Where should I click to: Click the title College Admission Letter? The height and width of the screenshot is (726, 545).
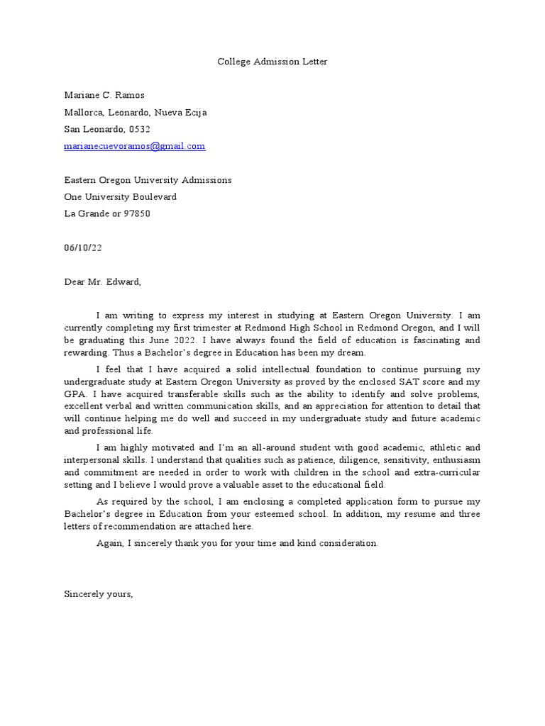272,62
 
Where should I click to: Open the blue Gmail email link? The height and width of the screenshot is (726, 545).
135,146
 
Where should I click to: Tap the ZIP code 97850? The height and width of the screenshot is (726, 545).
137,213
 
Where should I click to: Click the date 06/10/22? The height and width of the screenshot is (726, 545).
83,247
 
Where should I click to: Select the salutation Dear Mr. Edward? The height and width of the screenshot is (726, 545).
103,281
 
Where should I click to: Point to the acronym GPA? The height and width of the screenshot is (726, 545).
74,393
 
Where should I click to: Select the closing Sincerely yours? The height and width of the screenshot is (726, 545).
99,593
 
